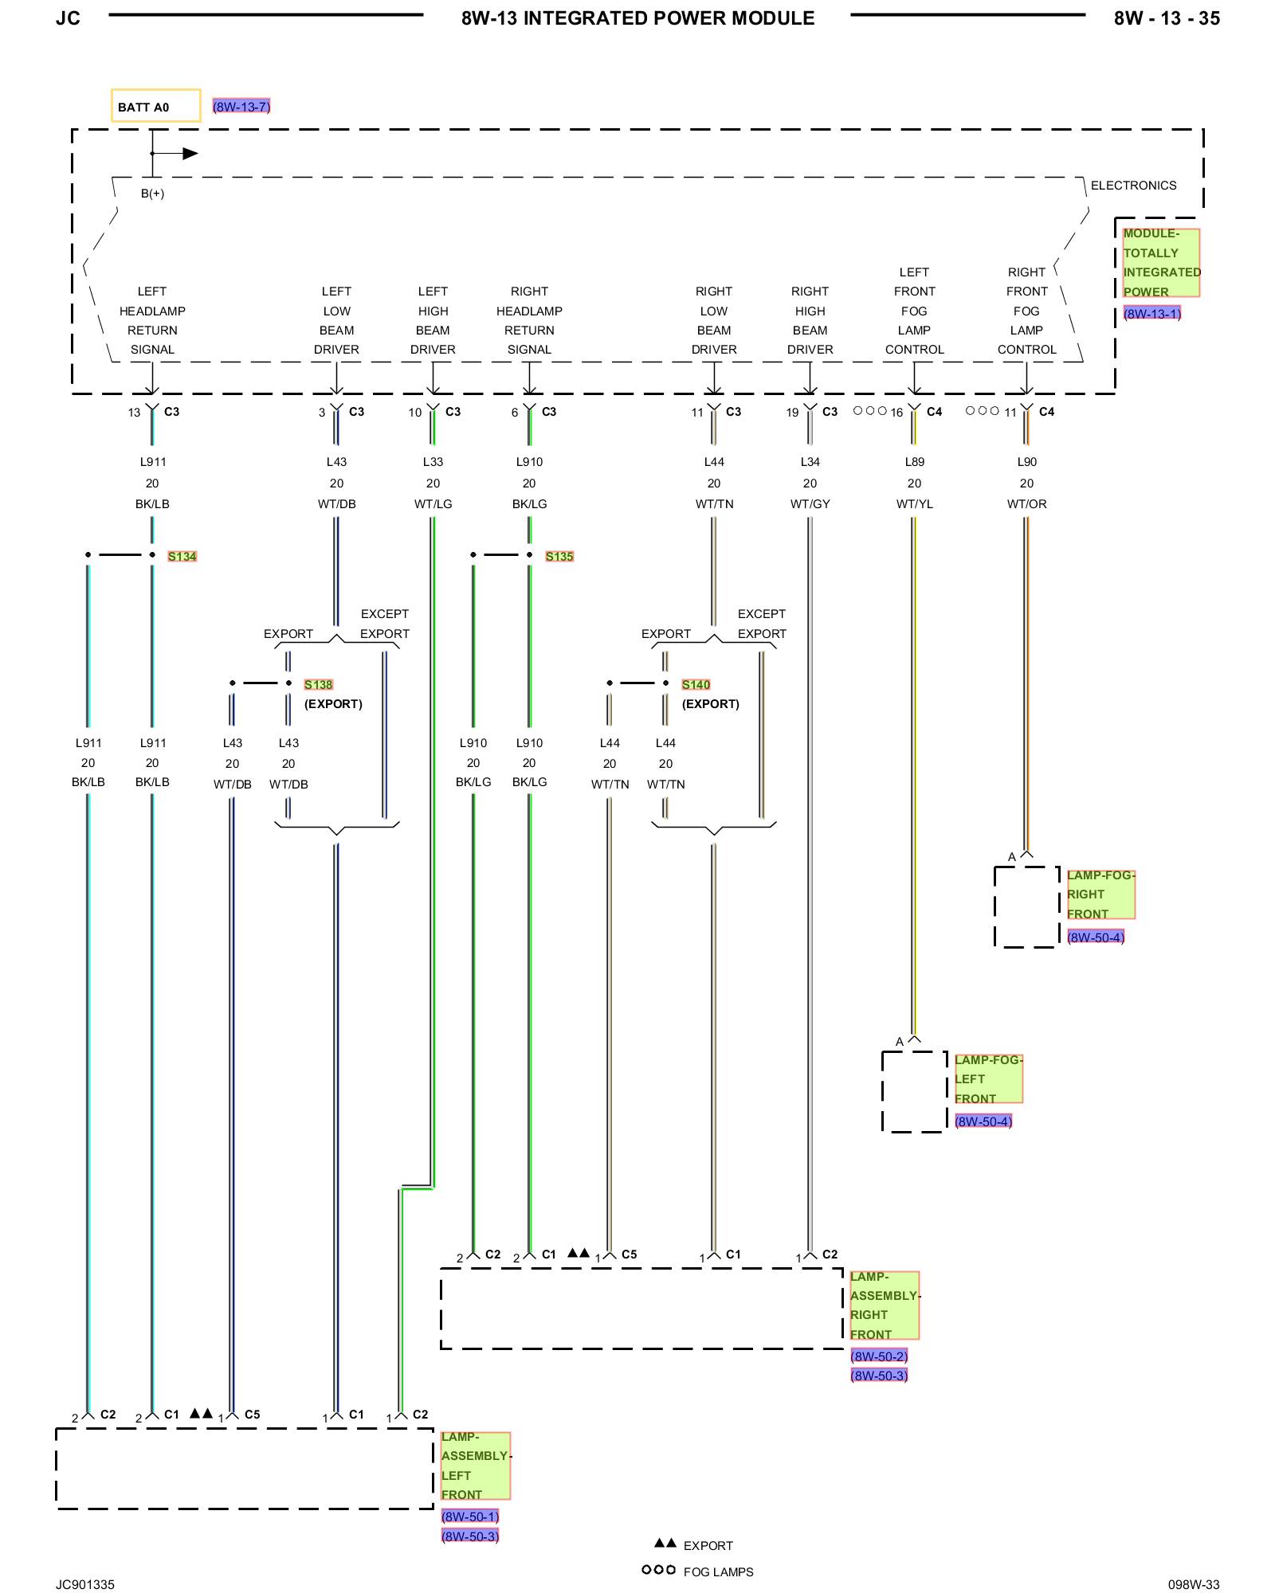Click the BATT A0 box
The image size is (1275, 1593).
pos(155,105)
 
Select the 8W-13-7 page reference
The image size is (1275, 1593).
pos(241,106)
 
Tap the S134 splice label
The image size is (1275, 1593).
pos(182,556)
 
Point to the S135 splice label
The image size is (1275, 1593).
pos(559,556)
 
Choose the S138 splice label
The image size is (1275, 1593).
pos(318,684)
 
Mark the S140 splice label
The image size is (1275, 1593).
pos(696,684)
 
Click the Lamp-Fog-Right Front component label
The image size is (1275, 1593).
pos(1100,894)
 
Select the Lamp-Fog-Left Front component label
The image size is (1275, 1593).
pos(988,1078)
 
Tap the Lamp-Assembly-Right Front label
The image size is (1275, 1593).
pos(885,1305)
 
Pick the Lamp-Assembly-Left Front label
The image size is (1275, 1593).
pos(476,1466)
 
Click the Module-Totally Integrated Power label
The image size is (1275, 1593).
pos(1161,263)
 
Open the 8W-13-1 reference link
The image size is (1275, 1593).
pos(1152,313)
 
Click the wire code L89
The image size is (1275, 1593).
pos(914,462)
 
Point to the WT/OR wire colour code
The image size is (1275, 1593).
pos(1026,504)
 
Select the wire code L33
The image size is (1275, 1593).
pos(433,462)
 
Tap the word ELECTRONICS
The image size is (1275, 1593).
pos(1133,186)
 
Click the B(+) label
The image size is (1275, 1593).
pos(152,194)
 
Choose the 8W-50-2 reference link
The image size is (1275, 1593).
pos(879,1356)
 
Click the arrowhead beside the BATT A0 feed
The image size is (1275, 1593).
pos(190,154)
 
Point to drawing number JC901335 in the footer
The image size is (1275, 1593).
pos(85,1584)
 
